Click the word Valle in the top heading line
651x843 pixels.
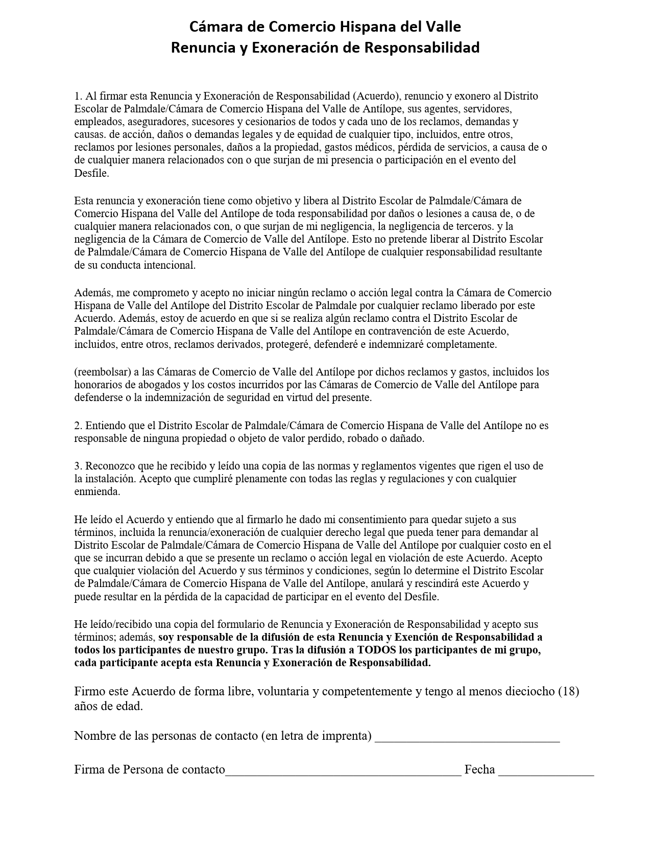pyautogui.click(x=442, y=27)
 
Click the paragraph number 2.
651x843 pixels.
pyautogui.click(x=78, y=426)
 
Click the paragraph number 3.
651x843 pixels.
pyautogui.click(x=78, y=466)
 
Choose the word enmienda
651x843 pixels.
pyautogui.click(x=97, y=491)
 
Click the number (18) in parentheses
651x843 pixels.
pyautogui.click(x=568, y=692)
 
